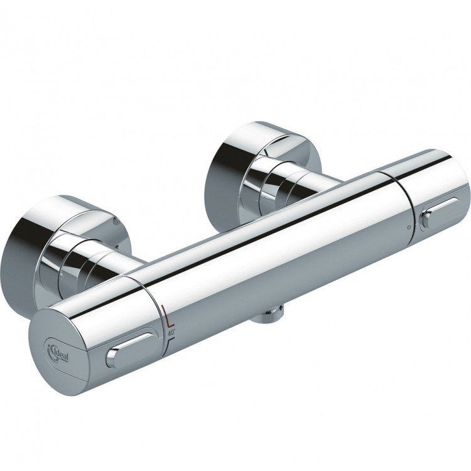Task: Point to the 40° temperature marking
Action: (x=171, y=327)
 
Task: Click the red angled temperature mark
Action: (x=166, y=313)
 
